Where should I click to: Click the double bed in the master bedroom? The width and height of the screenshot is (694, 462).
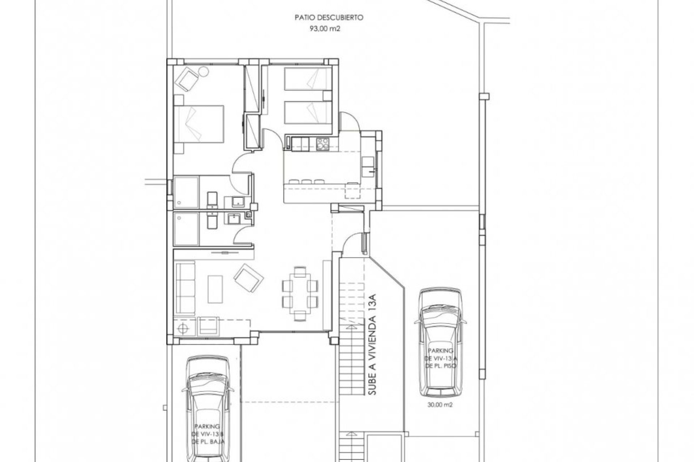click(198, 123)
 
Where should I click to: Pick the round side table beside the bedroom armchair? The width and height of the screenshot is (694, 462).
click(203, 71)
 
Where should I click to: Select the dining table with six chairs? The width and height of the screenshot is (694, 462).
click(300, 293)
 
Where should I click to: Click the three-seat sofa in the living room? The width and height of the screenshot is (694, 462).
click(185, 288)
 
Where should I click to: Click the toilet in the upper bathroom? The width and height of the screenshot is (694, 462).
click(212, 201)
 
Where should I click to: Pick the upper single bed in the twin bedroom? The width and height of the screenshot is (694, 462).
click(307, 79)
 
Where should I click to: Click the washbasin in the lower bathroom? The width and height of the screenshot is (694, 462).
click(233, 219)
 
